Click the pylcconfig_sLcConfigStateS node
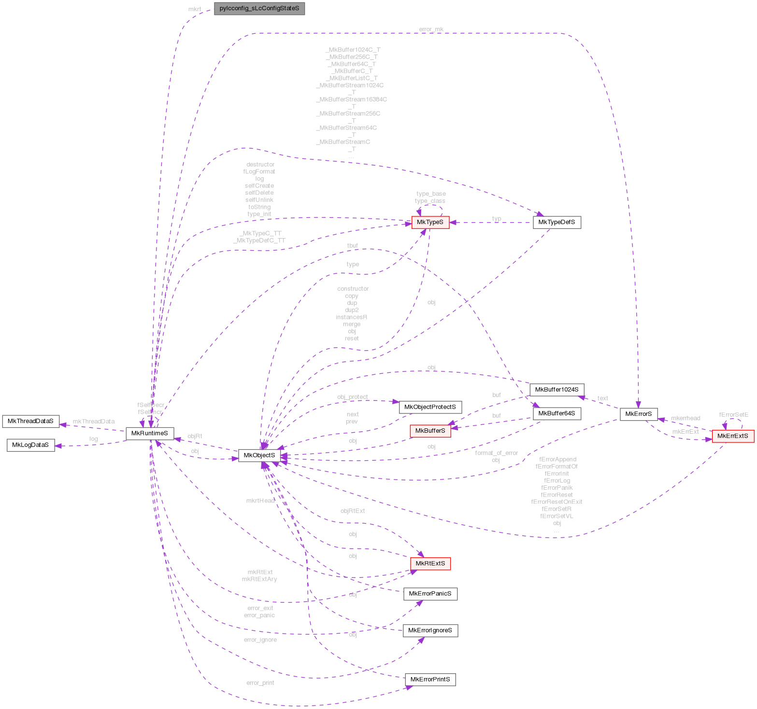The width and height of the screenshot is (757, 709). (x=259, y=9)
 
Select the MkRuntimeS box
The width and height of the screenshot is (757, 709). (x=150, y=433)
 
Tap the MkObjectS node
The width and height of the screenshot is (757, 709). (x=259, y=455)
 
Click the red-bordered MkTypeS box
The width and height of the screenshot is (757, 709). (x=430, y=222)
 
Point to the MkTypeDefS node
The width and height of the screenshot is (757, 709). (x=557, y=222)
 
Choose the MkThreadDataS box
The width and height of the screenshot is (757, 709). (x=30, y=421)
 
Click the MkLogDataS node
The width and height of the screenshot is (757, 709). (x=30, y=445)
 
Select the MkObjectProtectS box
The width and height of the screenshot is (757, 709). (x=430, y=407)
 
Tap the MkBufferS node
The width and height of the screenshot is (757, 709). (x=430, y=431)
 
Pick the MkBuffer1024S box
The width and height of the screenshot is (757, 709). (x=557, y=390)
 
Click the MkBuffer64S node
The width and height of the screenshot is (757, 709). (x=557, y=413)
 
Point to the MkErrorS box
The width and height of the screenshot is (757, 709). (x=638, y=414)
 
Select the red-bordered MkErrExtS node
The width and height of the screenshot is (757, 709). (x=733, y=437)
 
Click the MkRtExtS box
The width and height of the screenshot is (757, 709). (x=430, y=564)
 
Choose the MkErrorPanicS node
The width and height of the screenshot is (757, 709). (x=430, y=594)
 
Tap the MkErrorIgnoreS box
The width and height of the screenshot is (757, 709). (x=430, y=630)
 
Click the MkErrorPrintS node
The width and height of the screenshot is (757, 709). (x=430, y=680)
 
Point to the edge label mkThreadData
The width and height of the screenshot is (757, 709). (x=94, y=422)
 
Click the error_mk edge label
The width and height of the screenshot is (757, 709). (x=431, y=29)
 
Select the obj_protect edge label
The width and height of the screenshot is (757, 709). (x=352, y=397)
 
